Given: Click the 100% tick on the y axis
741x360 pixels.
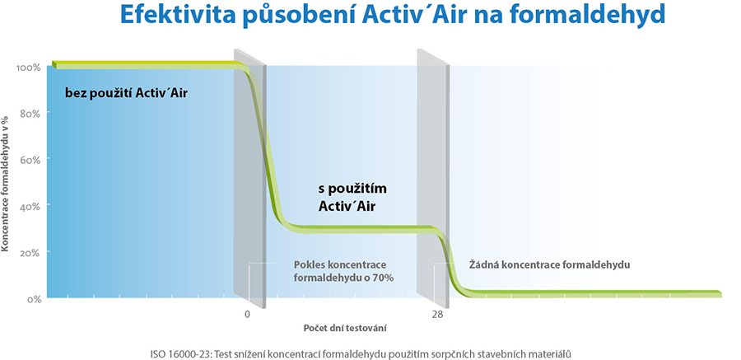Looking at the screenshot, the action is (28, 68).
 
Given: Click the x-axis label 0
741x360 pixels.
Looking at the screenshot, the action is (247, 314).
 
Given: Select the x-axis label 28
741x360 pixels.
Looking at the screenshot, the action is (437, 314).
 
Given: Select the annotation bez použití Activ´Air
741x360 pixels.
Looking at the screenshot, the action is (127, 93).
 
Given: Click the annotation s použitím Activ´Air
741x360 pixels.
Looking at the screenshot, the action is (353, 197).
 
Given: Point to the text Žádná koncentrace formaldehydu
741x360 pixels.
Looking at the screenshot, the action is (550, 264).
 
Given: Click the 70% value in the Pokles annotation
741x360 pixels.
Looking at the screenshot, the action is (383, 278).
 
